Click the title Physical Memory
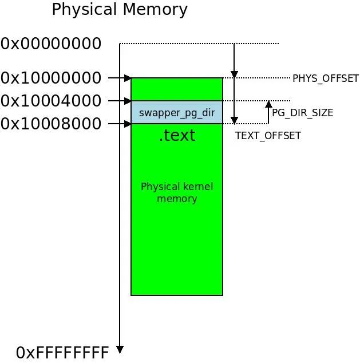[x=119, y=10]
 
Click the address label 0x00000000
[x=51, y=44]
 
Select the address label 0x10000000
[x=51, y=78]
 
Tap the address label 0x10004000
[x=51, y=101]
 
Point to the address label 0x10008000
[x=51, y=124]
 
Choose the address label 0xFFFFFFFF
[x=62, y=353]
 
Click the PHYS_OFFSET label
[x=325, y=78]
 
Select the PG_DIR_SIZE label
[x=302, y=113]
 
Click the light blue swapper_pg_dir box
[x=177, y=113]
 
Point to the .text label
[x=177, y=136]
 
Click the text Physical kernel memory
[x=177, y=193]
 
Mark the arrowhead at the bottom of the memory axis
[x=120, y=349]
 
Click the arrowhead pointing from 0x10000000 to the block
[x=128, y=78]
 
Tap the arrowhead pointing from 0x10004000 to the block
[x=128, y=101]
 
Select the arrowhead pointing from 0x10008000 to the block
[x=128, y=124]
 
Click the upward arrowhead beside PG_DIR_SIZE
[x=268, y=105]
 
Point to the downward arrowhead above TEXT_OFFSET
[x=234, y=120]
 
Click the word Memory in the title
[x=156, y=10]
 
